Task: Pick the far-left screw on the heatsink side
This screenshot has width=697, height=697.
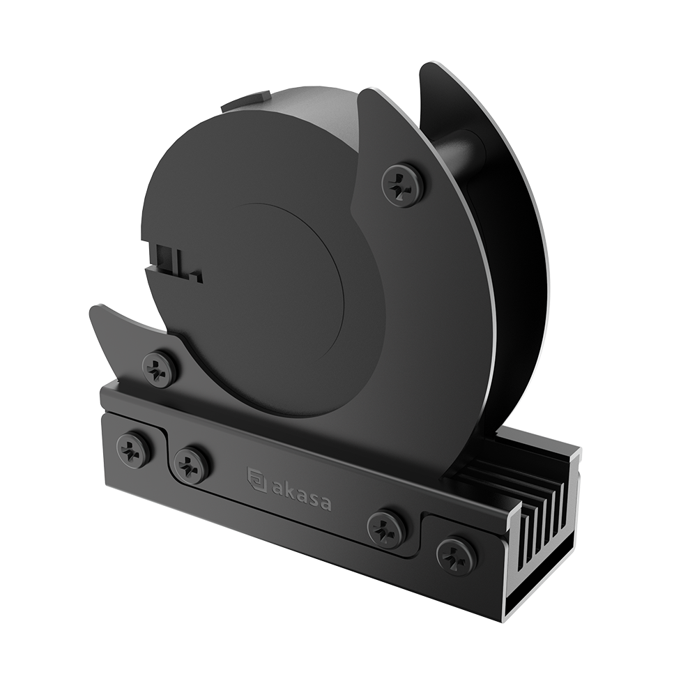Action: click(133, 450)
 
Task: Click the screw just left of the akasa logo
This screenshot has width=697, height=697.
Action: click(192, 464)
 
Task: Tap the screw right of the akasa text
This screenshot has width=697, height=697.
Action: click(386, 528)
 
